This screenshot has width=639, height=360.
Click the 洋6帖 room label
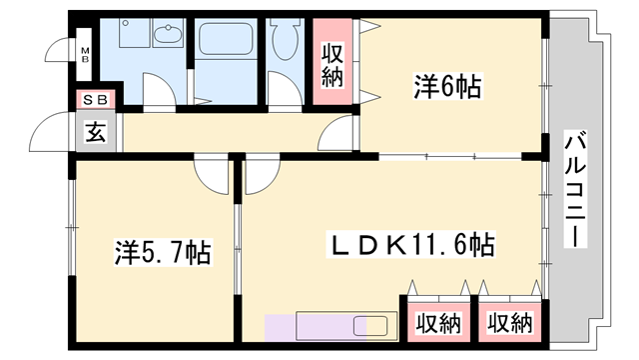click(447, 88)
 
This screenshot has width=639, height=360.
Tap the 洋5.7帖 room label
click(161, 252)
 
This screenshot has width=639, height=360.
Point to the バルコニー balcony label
click(574, 190)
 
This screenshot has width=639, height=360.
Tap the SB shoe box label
click(97, 99)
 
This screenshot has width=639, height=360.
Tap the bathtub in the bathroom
click(228, 41)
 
